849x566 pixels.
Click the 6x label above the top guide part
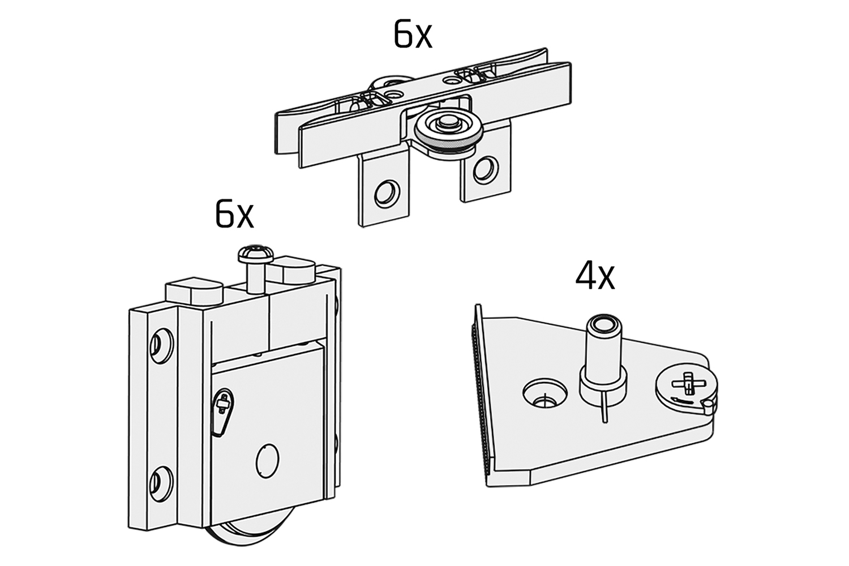pos(412,36)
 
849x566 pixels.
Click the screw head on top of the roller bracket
pos(252,253)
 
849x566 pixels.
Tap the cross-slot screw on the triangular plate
pos(687,385)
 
